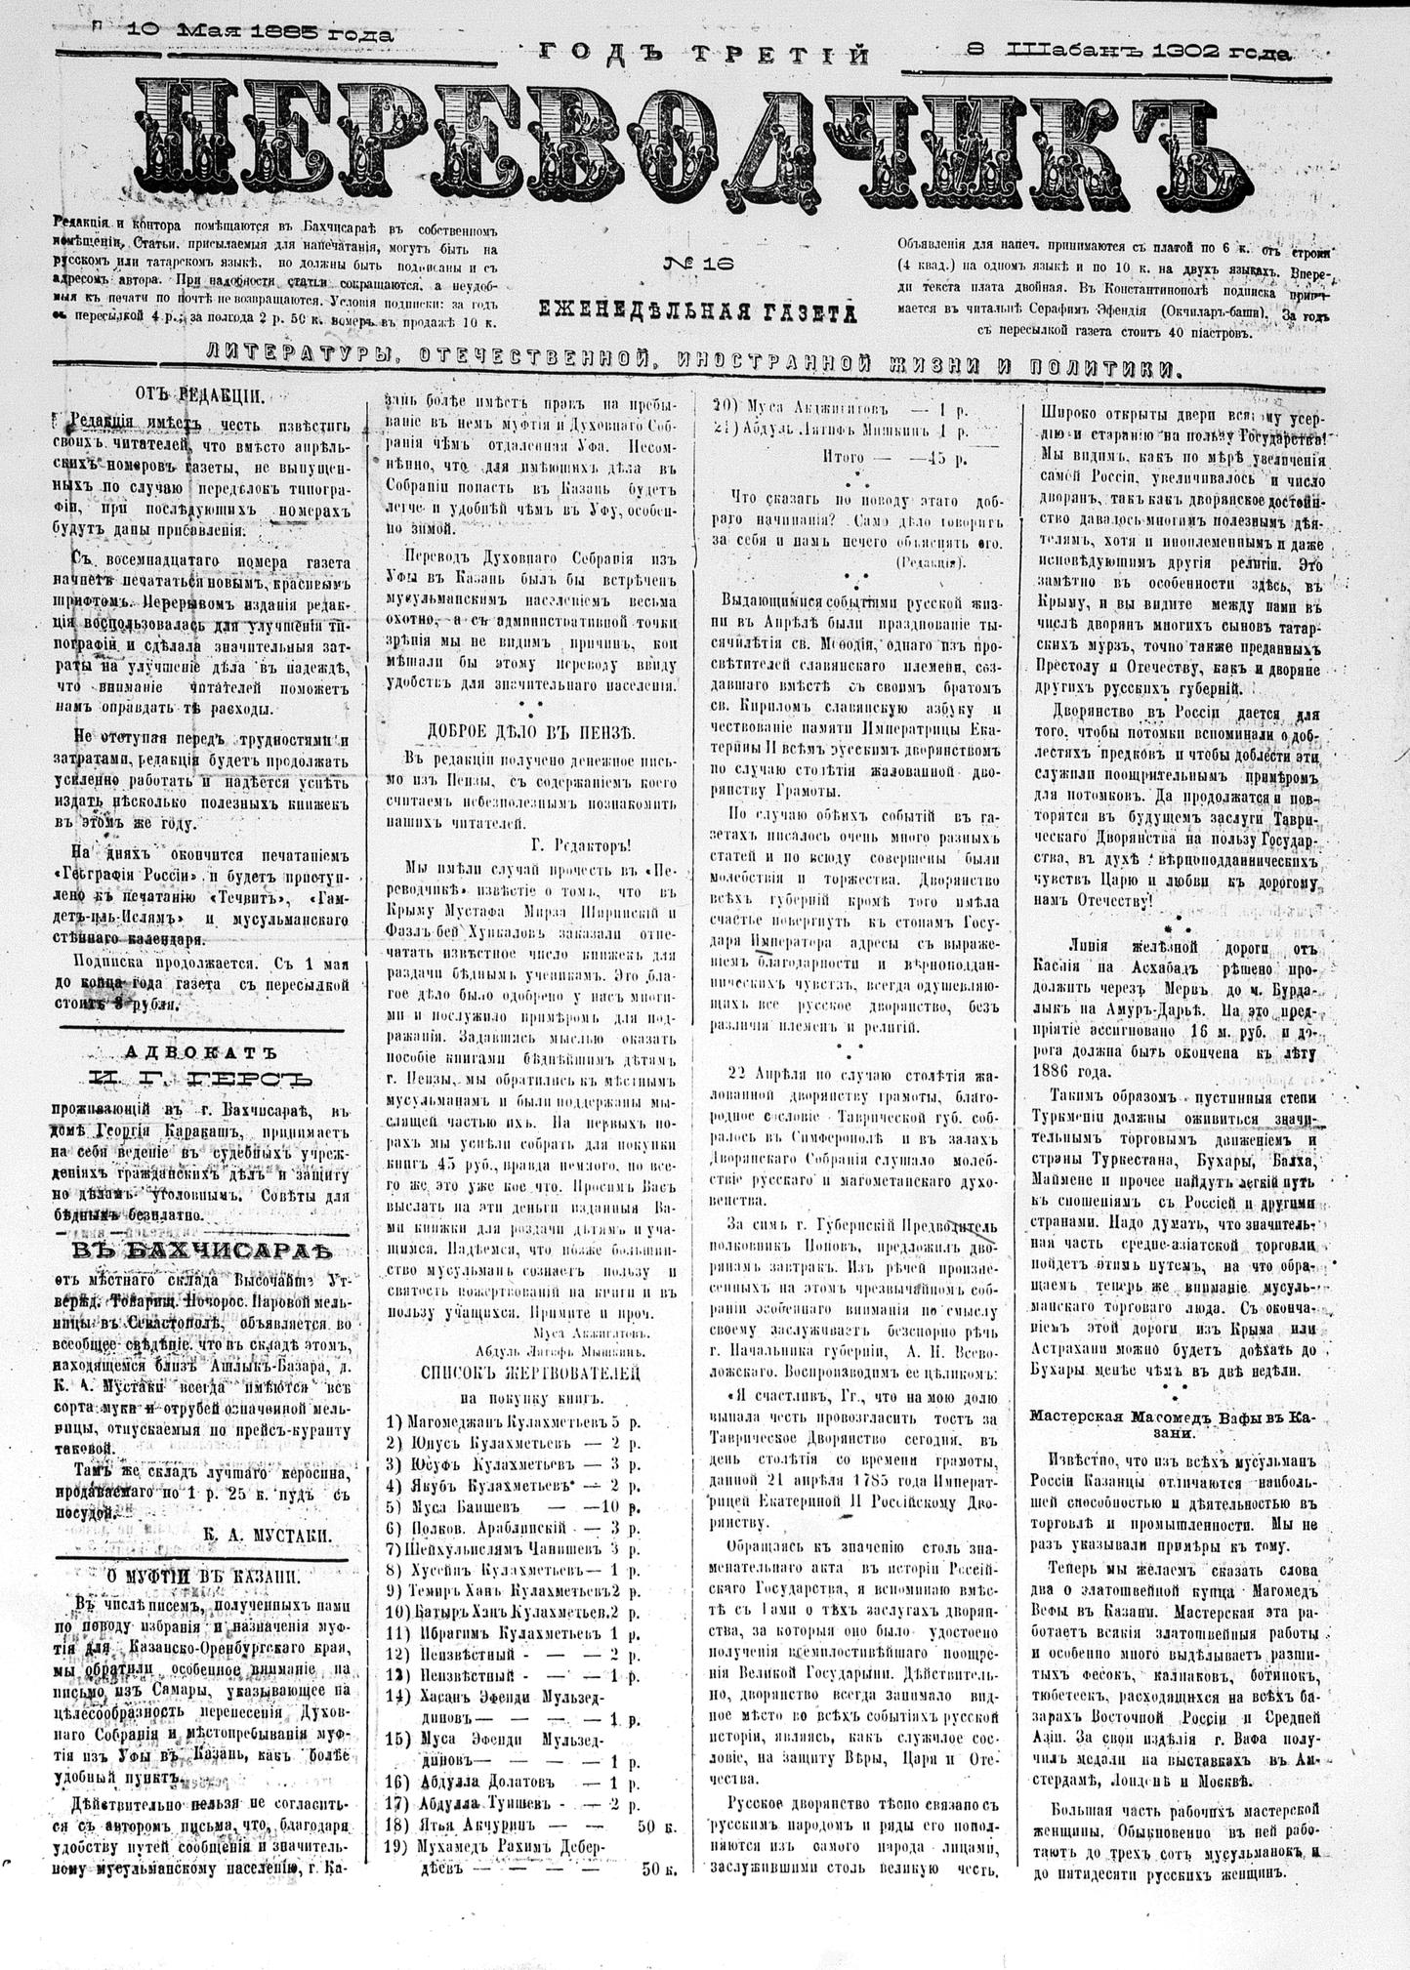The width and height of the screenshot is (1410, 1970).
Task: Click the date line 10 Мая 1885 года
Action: pos(260,33)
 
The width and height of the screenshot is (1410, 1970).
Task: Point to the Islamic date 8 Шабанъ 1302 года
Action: pos(1128,52)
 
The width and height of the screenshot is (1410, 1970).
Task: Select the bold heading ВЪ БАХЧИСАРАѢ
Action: pos(202,1251)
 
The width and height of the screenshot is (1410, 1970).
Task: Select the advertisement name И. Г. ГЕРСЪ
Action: pos(202,1080)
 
